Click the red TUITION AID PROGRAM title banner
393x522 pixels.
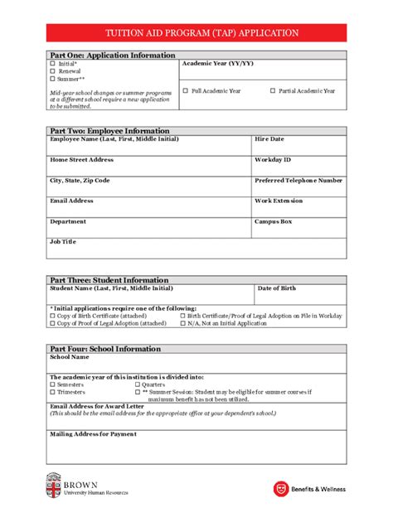[x=196, y=33]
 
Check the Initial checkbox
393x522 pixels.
[x=52, y=64]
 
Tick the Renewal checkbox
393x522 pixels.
[x=52, y=71]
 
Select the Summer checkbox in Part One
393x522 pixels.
[x=52, y=79]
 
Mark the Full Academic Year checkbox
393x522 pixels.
[x=186, y=90]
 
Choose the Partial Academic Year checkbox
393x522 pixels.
[x=273, y=90]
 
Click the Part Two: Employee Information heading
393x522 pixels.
[x=109, y=131]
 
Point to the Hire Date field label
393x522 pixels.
[x=269, y=139]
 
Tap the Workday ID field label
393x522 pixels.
[x=273, y=159]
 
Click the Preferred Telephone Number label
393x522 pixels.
[x=298, y=180]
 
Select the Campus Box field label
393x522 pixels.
[x=274, y=221]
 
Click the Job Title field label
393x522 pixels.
[x=63, y=241]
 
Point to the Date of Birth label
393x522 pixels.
[x=277, y=288]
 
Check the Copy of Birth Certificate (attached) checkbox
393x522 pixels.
[x=52, y=316]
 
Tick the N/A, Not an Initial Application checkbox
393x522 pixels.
[x=183, y=324]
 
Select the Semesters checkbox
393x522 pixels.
[x=52, y=384]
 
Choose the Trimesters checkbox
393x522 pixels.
[x=52, y=391]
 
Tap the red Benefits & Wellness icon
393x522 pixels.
[x=281, y=489]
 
